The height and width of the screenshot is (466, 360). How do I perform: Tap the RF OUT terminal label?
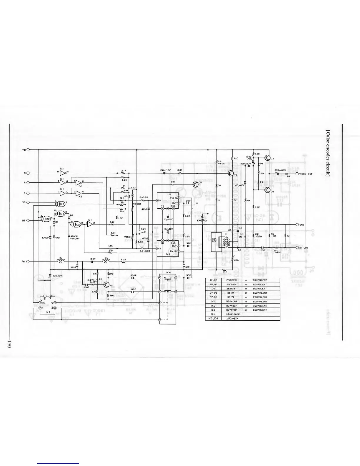304,248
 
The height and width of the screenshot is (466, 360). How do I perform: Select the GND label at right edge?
301,225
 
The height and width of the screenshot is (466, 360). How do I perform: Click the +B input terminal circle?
29,150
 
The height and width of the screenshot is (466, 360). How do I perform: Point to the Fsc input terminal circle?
29,262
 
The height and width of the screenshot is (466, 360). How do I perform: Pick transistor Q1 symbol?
106,284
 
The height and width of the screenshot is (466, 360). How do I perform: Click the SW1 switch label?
144,229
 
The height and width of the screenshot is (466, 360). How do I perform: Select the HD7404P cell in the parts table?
230,302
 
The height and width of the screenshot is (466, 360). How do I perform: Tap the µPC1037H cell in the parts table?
230,318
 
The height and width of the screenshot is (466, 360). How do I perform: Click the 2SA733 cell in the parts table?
230,289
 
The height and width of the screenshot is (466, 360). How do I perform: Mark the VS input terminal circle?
29,202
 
